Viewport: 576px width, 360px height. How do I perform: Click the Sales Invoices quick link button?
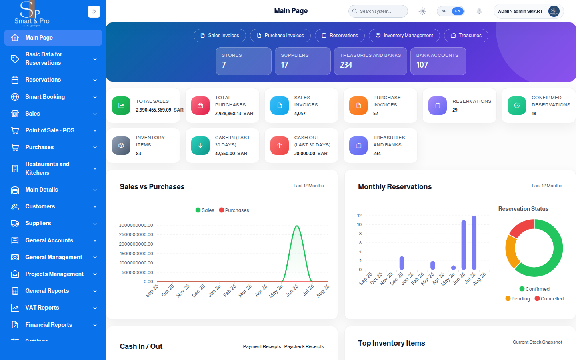click(220, 36)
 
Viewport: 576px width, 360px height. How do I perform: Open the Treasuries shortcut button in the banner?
click(466, 36)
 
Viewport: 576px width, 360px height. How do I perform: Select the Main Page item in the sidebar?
click(53, 38)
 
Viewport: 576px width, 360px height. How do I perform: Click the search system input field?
click(378, 11)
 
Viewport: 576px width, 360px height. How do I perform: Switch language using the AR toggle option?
click(444, 11)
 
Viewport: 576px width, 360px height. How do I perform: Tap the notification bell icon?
click(479, 11)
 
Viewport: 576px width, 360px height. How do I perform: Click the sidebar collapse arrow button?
click(94, 11)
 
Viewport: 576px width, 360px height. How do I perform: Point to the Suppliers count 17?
click(284, 64)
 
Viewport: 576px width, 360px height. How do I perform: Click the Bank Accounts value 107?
click(422, 64)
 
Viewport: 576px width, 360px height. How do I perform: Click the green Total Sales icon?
click(121, 106)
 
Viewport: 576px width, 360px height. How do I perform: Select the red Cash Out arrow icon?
click(280, 146)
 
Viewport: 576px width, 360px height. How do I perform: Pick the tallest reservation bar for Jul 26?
click(474, 243)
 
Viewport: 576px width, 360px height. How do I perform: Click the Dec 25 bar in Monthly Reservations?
click(402, 263)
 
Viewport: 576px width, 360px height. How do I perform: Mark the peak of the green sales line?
click(297, 226)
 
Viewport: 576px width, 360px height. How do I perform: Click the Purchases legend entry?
click(234, 210)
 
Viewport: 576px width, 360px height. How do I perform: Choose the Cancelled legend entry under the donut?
click(549, 298)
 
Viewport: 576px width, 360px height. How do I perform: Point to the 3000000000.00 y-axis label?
click(136, 225)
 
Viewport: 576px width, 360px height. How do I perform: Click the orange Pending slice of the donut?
click(511, 251)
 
